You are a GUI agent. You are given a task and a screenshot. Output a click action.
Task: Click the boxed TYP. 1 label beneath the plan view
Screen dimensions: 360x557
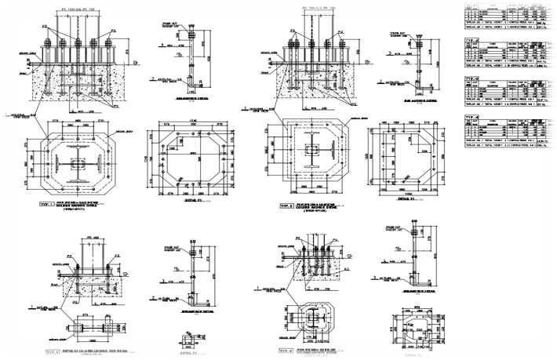pos(45,202)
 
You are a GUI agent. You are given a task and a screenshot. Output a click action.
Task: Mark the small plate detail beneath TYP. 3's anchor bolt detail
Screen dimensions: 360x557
pos(188,340)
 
